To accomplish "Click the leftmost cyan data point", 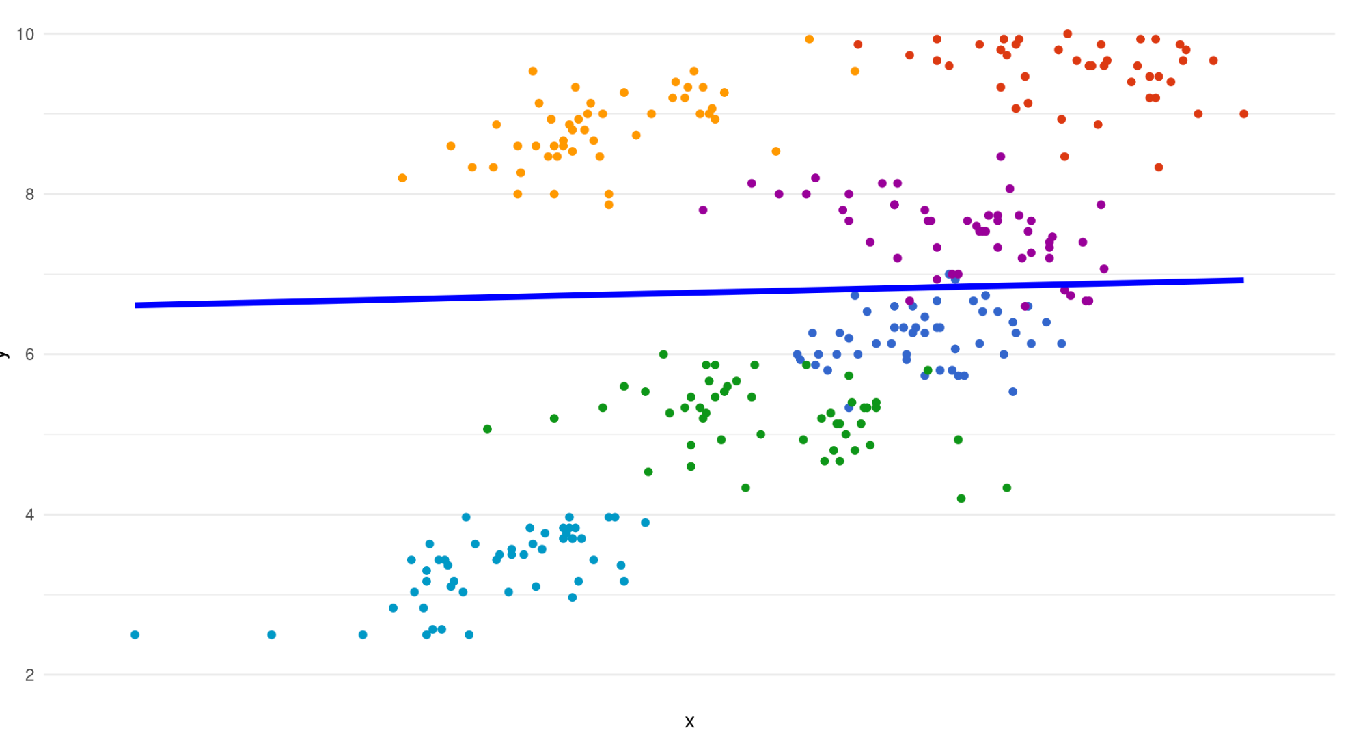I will (135, 634).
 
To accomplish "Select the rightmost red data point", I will (1243, 114).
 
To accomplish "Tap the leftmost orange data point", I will (402, 178).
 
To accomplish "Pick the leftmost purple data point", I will (703, 210).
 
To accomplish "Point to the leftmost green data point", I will (487, 429).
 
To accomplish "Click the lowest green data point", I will (961, 499).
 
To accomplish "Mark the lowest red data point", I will (1159, 167).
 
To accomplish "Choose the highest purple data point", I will (1001, 156).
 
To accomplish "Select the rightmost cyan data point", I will (645, 522).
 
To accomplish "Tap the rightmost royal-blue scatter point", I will (1062, 344).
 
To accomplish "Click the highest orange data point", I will (810, 39).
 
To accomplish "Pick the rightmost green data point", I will (1007, 488).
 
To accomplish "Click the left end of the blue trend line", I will (137, 305).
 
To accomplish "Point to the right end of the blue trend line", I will (1243, 280).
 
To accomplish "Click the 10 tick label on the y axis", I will (25, 34).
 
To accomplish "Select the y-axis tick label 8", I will (29, 194).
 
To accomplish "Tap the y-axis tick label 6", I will (29, 354).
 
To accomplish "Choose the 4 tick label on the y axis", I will (29, 514).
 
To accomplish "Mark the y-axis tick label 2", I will (29, 675).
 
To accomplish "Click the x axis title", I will (689, 722).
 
